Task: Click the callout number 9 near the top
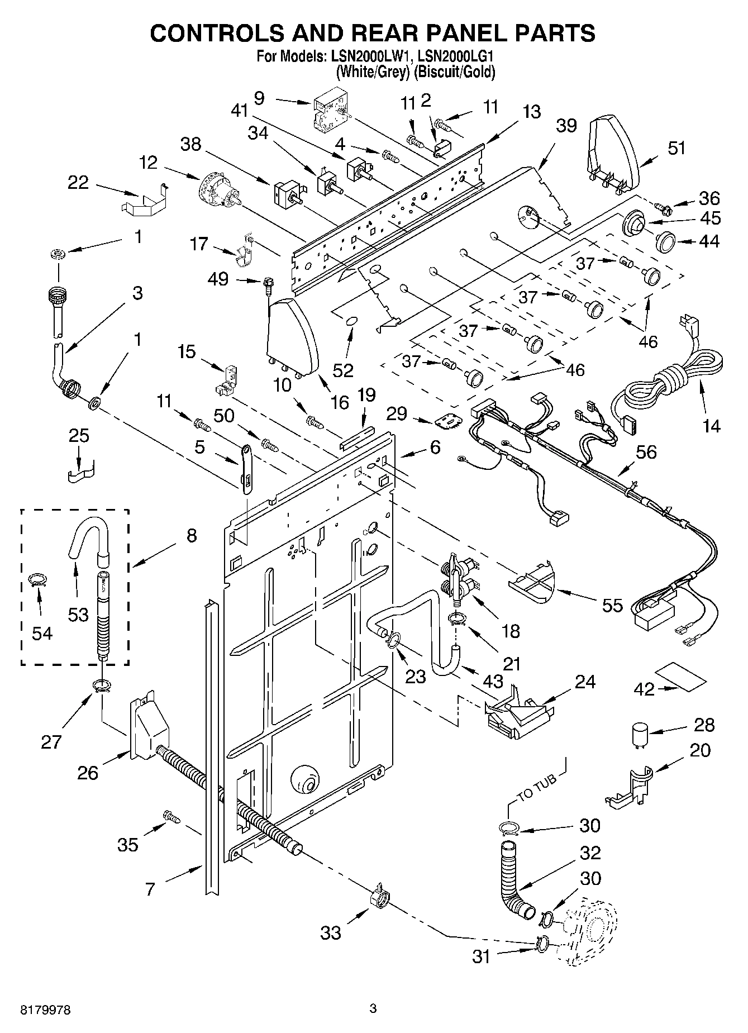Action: click(259, 98)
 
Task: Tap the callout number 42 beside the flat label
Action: click(644, 689)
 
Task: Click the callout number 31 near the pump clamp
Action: click(481, 956)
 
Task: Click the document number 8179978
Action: click(46, 1010)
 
